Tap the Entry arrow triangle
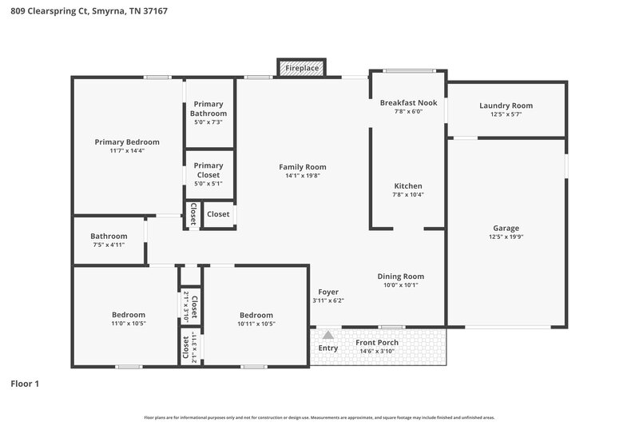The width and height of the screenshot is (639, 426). pyautogui.click(x=327, y=335)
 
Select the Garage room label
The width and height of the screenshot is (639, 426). pyautogui.click(x=506, y=228)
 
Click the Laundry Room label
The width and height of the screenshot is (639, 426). pyautogui.click(x=506, y=106)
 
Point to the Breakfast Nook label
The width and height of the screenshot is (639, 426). pyautogui.click(x=408, y=103)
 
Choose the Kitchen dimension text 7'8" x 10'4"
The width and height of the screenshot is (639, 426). pyautogui.click(x=407, y=194)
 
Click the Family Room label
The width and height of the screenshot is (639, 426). pyautogui.click(x=302, y=167)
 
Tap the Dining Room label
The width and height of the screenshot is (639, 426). pyautogui.click(x=400, y=276)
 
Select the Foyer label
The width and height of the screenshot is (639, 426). pyautogui.click(x=327, y=292)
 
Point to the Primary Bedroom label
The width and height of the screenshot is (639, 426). pyautogui.click(x=127, y=141)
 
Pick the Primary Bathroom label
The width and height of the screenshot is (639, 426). pyautogui.click(x=208, y=109)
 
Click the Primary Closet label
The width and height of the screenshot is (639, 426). pyautogui.click(x=208, y=170)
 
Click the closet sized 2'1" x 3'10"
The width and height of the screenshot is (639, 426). pyautogui.click(x=190, y=305)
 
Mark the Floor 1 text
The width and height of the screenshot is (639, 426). pyautogui.click(x=25, y=384)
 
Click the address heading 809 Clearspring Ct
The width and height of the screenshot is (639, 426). pyautogui.click(x=89, y=12)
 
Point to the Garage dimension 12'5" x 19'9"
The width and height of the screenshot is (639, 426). pyautogui.click(x=506, y=237)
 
